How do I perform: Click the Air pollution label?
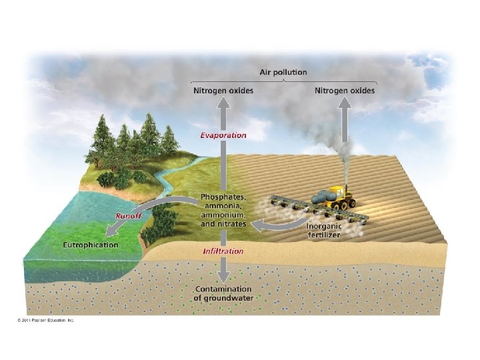[x=283, y=73]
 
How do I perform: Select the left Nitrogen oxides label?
[x=223, y=91]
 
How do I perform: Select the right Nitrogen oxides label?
[x=344, y=91]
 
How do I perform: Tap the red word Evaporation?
[x=223, y=135]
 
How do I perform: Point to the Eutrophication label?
[x=90, y=245]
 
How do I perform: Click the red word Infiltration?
[x=223, y=251]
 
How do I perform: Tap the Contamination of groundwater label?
[x=223, y=293]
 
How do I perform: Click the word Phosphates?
[x=223, y=198]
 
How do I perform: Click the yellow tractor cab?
[x=342, y=194]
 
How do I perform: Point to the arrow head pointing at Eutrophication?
[x=113, y=233]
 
